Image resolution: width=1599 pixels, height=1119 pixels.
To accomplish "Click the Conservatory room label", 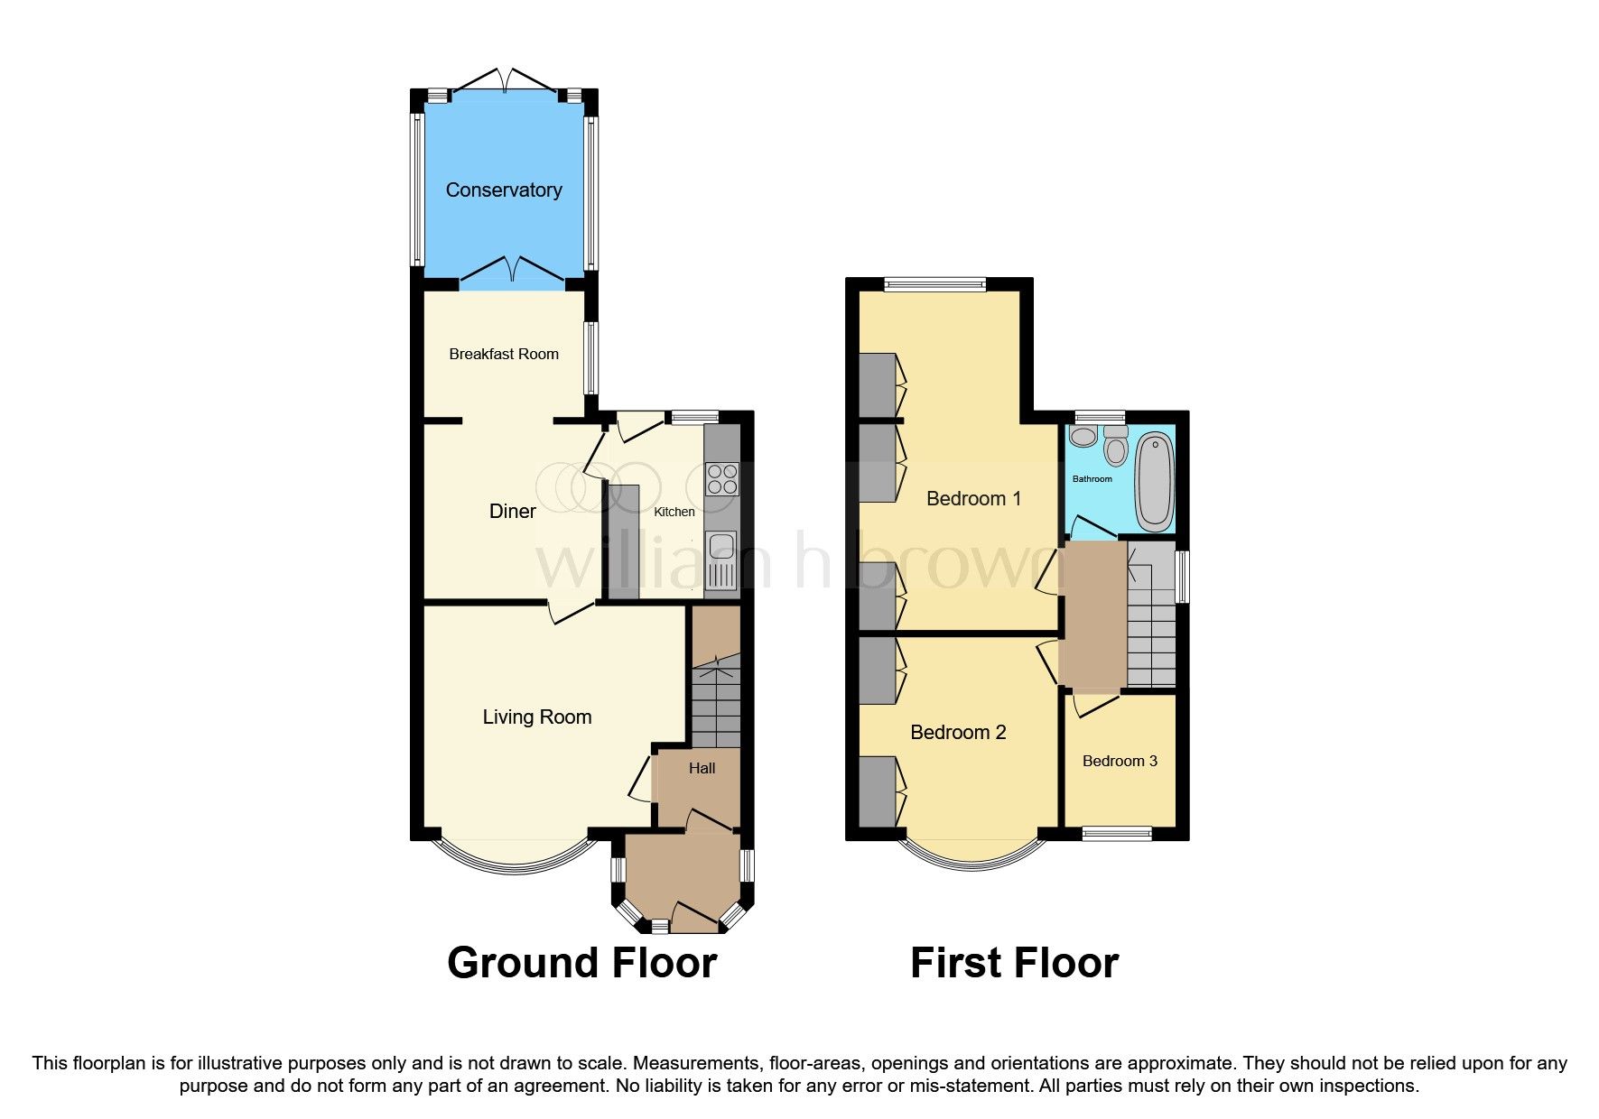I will [x=504, y=190].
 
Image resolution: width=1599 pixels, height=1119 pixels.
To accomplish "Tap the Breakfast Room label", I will [x=504, y=354].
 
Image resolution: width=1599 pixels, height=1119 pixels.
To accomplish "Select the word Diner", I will [x=512, y=511].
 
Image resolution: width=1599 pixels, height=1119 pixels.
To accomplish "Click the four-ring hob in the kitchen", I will [x=722, y=478].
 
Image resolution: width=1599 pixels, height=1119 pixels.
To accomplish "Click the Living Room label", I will [x=536, y=717].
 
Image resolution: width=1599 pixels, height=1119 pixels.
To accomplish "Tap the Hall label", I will [x=702, y=768].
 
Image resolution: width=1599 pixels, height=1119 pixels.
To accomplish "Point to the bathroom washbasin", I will [x=1082, y=437].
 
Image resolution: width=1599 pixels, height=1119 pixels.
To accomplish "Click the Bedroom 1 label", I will [x=973, y=498].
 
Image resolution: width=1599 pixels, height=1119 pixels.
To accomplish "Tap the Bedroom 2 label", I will [x=957, y=732].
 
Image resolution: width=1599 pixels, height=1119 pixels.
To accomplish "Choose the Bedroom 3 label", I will [x=1120, y=761].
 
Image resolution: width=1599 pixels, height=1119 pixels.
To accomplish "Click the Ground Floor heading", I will [x=581, y=962].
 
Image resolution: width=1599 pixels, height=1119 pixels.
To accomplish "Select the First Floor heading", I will [x=1014, y=962].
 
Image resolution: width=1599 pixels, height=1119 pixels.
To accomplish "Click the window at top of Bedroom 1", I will [x=934, y=284].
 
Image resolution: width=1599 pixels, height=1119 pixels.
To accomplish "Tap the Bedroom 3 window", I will [x=1117, y=833].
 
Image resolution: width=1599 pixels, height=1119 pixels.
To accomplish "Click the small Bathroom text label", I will [x=1092, y=478].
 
